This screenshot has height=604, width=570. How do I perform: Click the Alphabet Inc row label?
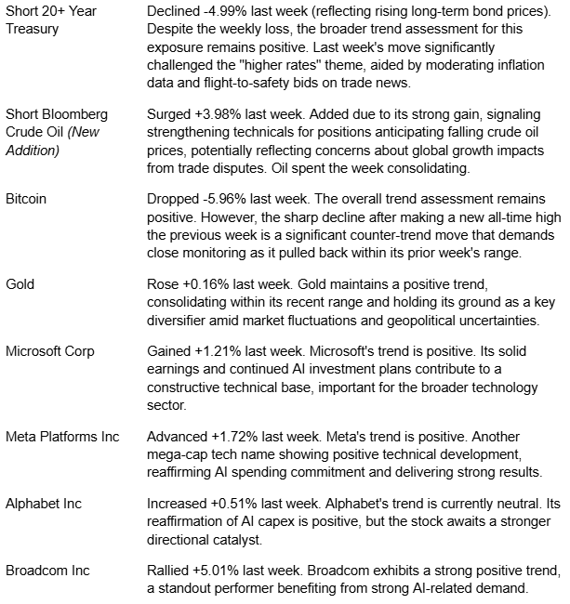click(43, 504)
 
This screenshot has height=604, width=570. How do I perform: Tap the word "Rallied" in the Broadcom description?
click(170, 571)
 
